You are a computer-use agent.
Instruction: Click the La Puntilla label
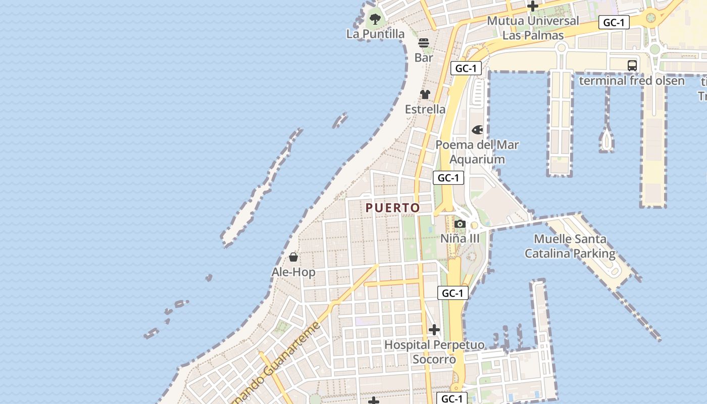pyautogui.click(x=375, y=34)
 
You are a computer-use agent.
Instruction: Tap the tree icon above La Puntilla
pyautogui.click(x=375, y=19)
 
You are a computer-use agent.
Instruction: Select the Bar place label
pyautogui.click(x=424, y=58)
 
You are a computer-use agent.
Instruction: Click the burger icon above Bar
pyautogui.click(x=424, y=42)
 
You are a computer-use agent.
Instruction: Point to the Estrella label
pyautogui.click(x=425, y=109)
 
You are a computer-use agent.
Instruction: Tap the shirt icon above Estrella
pyautogui.click(x=425, y=94)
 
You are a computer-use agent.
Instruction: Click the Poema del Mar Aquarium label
pyautogui.click(x=477, y=152)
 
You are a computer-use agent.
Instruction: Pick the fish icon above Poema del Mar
pyautogui.click(x=477, y=130)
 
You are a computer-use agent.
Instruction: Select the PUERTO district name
pyautogui.click(x=393, y=208)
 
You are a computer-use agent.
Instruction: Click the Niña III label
pyautogui.click(x=460, y=238)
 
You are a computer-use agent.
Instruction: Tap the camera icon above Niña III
pyautogui.click(x=460, y=224)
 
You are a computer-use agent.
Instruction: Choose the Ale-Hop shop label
pyautogui.click(x=293, y=272)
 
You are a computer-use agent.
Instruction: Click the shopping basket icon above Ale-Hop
pyautogui.click(x=293, y=258)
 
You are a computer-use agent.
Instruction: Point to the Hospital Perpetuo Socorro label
pyautogui.click(x=434, y=352)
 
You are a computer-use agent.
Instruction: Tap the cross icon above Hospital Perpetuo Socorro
pyautogui.click(x=434, y=330)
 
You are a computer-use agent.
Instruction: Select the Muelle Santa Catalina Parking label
pyautogui.click(x=570, y=246)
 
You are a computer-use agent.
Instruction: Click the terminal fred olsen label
pyautogui.click(x=632, y=81)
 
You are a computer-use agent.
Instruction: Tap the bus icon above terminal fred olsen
pyautogui.click(x=632, y=66)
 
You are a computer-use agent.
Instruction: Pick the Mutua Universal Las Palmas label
pyautogui.click(x=533, y=28)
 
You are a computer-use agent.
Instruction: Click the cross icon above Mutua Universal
pyautogui.click(x=533, y=7)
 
